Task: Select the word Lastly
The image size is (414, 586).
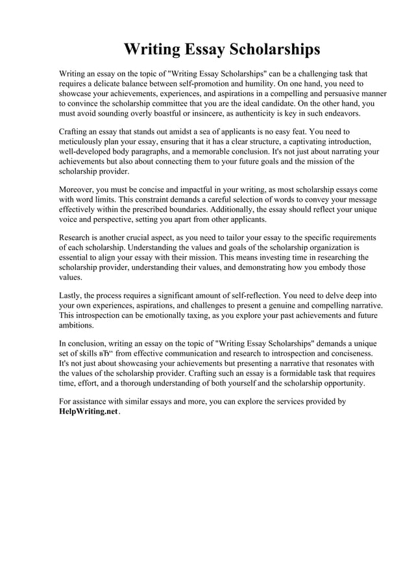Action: pos(70,296)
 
